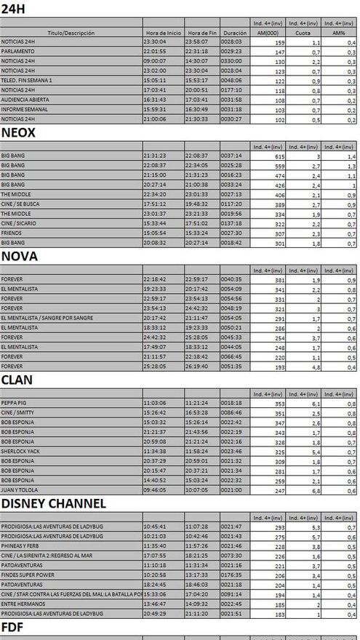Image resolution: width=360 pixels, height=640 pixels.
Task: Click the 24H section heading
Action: click(12, 9)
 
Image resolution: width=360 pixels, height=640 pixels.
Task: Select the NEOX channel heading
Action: click(18, 132)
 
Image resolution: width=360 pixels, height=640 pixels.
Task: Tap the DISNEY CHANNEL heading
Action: click(54, 503)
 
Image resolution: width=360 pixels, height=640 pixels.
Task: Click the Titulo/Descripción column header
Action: click(71, 33)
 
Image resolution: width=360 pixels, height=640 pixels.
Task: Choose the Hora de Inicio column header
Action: click(163, 33)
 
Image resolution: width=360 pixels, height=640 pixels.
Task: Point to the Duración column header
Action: click(234, 33)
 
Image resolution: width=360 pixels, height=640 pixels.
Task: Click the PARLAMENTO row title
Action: click(17, 52)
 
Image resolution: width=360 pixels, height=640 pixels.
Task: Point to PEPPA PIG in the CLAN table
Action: click(14, 402)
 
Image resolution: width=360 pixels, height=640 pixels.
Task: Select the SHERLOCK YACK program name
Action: click(20, 450)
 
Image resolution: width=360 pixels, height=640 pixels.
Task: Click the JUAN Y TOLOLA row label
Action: click(20, 489)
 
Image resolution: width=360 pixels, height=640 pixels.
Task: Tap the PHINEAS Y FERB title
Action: click(20, 545)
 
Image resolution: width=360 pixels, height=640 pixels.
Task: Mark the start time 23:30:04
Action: click(156, 43)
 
